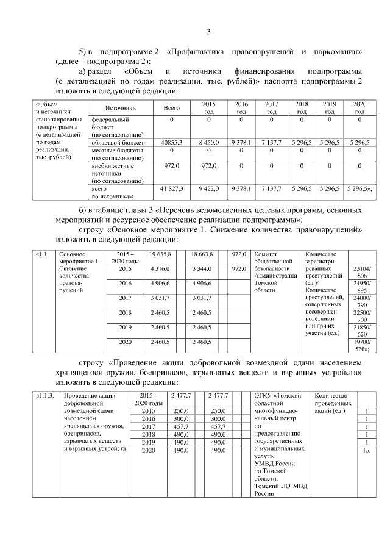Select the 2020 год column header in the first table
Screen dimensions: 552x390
(360, 108)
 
